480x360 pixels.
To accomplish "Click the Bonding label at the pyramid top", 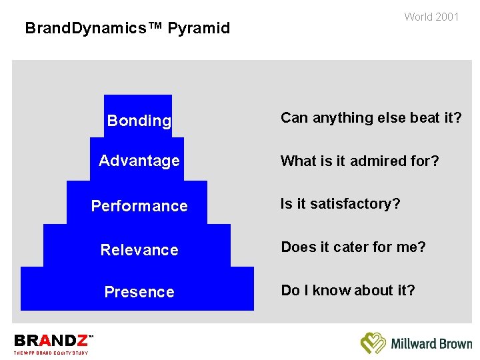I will tap(139, 121).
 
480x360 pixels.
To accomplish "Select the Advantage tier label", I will tap(139, 161).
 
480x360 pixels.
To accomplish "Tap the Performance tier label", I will tap(139, 206).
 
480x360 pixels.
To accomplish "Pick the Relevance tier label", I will tap(139, 250).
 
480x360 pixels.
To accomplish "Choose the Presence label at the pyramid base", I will tap(139, 292).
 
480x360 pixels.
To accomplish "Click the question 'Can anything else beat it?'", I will tap(371, 118).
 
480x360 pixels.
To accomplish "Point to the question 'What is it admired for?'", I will tap(359, 161).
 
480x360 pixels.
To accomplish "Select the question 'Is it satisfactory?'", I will tap(340, 204).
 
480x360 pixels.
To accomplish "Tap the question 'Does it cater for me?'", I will tap(353, 247).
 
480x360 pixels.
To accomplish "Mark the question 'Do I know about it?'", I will tap(347, 291).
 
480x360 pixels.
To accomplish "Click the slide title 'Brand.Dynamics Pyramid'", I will tap(127, 28).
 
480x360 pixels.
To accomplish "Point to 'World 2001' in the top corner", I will tap(431, 17).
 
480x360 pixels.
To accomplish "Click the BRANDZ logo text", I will tap(51, 341).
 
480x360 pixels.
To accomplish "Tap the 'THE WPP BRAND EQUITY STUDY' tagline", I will tap(51, 353).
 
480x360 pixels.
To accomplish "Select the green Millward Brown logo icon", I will tap(373, 343).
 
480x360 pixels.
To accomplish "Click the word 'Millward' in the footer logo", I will tap(413, 344).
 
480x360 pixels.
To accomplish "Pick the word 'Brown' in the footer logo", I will tap(455, 344).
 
